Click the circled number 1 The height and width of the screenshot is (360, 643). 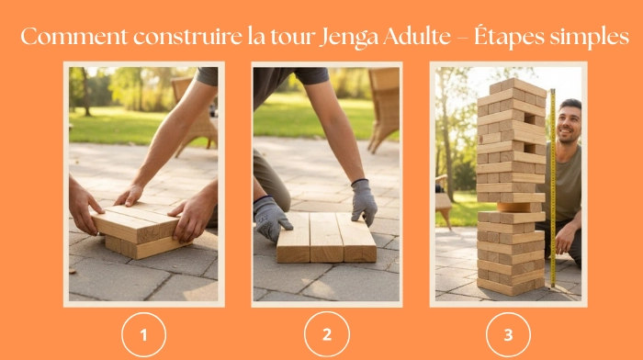coord(143,335)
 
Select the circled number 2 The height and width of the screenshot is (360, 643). coord(326,335)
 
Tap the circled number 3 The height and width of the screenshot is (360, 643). coord(508,335)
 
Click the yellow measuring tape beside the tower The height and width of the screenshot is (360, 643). coord(552,184)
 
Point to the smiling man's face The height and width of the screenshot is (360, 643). coord(569,122)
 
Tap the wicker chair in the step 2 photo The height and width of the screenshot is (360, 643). coord(383,106)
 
